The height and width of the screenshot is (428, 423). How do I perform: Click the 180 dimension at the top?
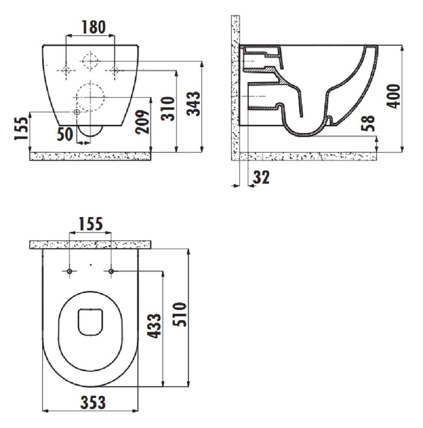pos(94,27)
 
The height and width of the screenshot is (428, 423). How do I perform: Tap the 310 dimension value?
pos(168,108)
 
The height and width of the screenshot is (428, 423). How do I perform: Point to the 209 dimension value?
pos(142,122)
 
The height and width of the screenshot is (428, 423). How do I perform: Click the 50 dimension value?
pos(65,134)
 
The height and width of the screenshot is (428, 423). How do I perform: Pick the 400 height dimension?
pos(393,96)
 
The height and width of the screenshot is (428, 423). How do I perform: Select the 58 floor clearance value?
pos(368,123)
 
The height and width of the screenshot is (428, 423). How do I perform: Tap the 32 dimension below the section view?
pos(261,177)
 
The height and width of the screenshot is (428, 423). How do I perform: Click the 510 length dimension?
pos(180,314)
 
